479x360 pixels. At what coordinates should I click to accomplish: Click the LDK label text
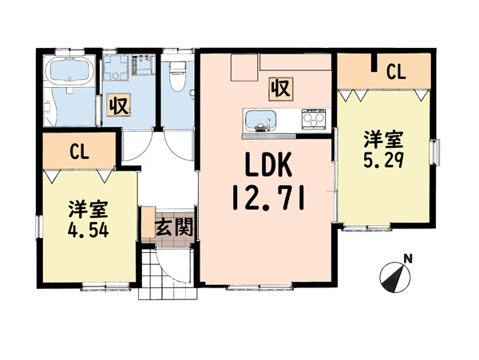click(x=268, y=165)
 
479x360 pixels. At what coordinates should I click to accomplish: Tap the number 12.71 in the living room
click(x=268, y=199)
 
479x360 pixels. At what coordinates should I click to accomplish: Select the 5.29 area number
click(x=384, y=160)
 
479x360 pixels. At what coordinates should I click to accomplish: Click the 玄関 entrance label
click(x=174, y=227)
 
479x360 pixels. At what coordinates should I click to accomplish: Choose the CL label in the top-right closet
click(x=396, y=72)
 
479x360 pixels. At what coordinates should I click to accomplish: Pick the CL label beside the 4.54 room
click(x=79, y=152)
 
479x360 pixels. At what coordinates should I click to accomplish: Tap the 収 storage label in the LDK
click(x=281, y=89)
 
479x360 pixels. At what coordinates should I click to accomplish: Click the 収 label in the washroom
click(x=119, y=105)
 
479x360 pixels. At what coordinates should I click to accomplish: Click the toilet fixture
click(x=177, y=76)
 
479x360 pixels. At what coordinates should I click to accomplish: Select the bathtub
click(x=69, y=72)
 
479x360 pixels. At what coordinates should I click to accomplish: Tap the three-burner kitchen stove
click(x=313, y=120)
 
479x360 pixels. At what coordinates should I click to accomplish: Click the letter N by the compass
click(x=408, y=259)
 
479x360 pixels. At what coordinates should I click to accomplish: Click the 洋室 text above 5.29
click(x=384, y=140)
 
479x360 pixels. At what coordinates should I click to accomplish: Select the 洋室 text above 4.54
click(x=88, y=209)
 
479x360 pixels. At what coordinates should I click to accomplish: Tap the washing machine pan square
click(x=115, y=68)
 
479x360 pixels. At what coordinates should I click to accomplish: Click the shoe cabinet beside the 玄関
click(x=148, y=222)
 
